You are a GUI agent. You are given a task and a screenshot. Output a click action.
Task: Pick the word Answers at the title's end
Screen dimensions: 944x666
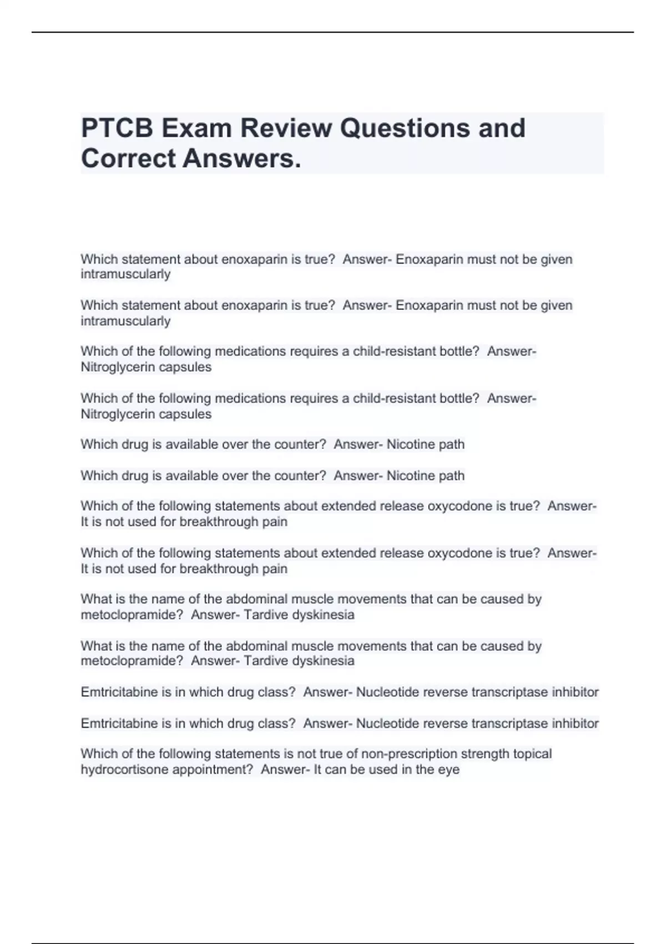pyautogui.click(x=241, y=158)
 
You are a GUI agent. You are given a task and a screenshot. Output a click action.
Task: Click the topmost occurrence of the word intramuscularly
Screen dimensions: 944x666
pyautogui.click(x=125, y=274)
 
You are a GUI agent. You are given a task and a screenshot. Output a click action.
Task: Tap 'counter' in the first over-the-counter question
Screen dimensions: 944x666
pyautogui.click(x=298, y=444)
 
